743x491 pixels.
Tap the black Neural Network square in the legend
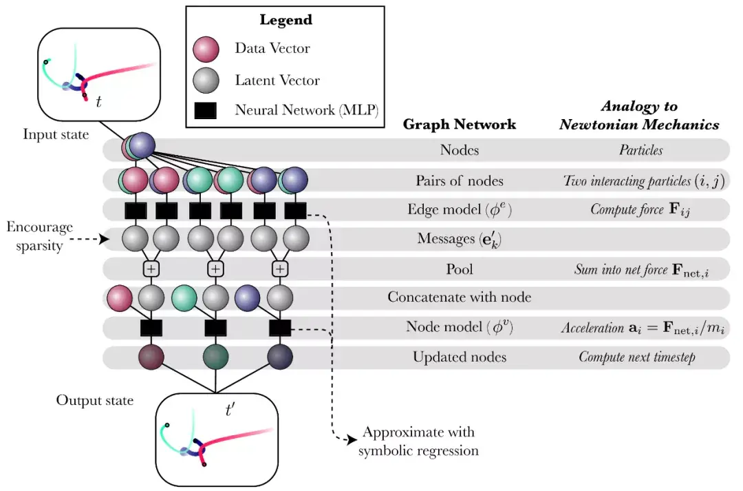click(x=205, y=110)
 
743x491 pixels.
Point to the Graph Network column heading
click(x=459, y=125)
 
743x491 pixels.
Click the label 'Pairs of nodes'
click(x=459, y=181)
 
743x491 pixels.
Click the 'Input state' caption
click(x=56, y=134)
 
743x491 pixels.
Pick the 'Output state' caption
click(x=95, y=401)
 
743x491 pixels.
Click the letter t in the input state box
click(x=99, y=103)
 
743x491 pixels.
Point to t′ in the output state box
click(x=231, y=411)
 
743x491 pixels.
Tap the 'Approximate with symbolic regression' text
click(x=418, y=441)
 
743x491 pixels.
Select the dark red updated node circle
click(x=151, y=357)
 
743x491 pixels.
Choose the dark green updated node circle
click(x=215, y=357)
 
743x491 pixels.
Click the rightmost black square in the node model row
click(x=279, y=328)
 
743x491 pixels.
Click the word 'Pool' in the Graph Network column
click(x=459, y=269)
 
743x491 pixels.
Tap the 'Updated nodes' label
click(x=459, y=357)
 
